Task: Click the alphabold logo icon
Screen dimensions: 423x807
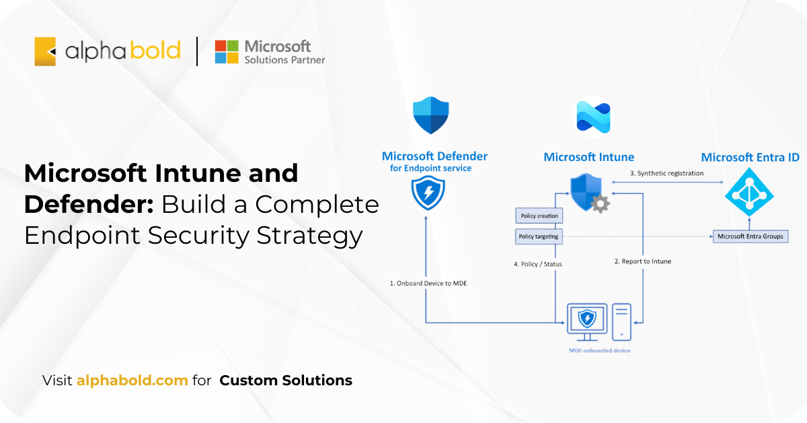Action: coord(45,51)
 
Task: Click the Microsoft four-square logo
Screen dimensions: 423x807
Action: coord(227,52)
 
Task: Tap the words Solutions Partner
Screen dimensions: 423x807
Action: coord(284,60)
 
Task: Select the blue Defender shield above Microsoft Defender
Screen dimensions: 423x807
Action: coord(430,115)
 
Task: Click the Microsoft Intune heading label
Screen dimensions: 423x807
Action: coord(588,157)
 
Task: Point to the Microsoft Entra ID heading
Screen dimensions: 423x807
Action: coord(750,157)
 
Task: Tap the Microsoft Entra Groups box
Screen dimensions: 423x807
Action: coord(751,236)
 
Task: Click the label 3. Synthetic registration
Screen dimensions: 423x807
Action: coord(666,173)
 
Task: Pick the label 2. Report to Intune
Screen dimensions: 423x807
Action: coord(642,261)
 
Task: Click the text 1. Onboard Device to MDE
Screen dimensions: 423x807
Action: coord(428,283)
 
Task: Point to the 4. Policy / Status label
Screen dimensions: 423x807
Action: coord(537,264)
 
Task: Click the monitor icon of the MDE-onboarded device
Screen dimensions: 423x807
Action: coord(587,321)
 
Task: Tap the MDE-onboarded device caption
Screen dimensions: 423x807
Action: coord(599,350)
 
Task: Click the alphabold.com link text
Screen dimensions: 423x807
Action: coord(132,380)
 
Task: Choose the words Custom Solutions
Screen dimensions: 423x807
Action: coord(286,380)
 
